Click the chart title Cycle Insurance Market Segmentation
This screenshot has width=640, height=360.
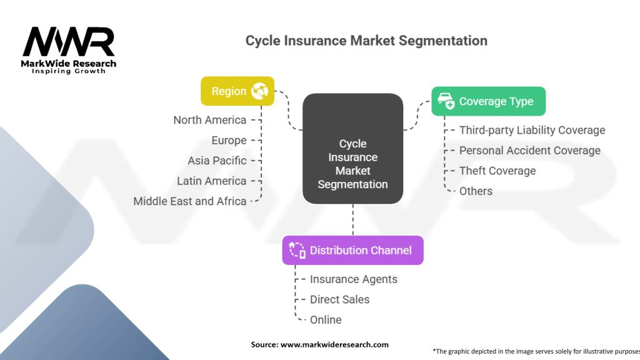point(366,41)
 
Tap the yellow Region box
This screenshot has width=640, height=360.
point(237,91)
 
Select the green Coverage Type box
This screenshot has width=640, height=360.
point(488,101)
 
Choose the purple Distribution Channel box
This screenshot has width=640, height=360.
point(352,250)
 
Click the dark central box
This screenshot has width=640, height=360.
point(352,149)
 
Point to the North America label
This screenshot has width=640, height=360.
point(210,120)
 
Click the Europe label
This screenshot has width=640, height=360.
point(229,141)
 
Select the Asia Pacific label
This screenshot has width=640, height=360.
point(217,161)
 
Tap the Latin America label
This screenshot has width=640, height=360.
point(212,181)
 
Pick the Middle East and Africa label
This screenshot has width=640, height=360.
point(190,201)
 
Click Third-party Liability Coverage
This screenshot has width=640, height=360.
point(532,130)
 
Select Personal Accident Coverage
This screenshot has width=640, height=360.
point(529,151)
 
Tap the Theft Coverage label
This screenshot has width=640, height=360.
point(497,171)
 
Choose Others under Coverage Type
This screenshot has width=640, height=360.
point(476,191)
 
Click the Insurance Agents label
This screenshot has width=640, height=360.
point(354,279)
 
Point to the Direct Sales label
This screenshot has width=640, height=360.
point(339,299)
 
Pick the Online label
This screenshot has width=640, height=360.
point(326,320)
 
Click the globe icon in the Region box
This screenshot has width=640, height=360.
point(259,91)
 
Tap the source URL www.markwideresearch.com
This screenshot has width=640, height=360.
point(334,344)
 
